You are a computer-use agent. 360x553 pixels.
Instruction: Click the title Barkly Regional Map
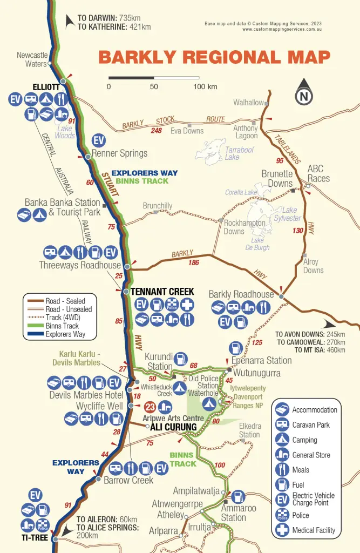(x=214, y=58)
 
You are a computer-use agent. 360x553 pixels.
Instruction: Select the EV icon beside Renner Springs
(x=99, y=140)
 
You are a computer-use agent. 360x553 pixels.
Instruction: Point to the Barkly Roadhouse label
(x=241, y=294)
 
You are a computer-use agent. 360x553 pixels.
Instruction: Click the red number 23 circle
(x=151, y=407)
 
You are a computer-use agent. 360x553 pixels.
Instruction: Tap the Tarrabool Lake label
(x=239, y=153)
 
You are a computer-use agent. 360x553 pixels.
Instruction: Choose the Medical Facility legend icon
(x=283, y=530)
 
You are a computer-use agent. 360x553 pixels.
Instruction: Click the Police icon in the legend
(x=283, y=515)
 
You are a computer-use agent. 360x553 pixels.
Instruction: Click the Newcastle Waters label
(x=32, y=59)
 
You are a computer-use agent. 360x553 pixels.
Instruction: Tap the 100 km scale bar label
(x=205, y=86)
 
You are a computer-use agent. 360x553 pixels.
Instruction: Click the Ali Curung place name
(x=173, y=427)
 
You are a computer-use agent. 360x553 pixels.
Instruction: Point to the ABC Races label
(x=318, y=173)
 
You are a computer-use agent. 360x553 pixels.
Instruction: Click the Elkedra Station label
(x=249, y=430)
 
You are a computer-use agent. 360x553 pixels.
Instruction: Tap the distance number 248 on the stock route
(x=157, y=130)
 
